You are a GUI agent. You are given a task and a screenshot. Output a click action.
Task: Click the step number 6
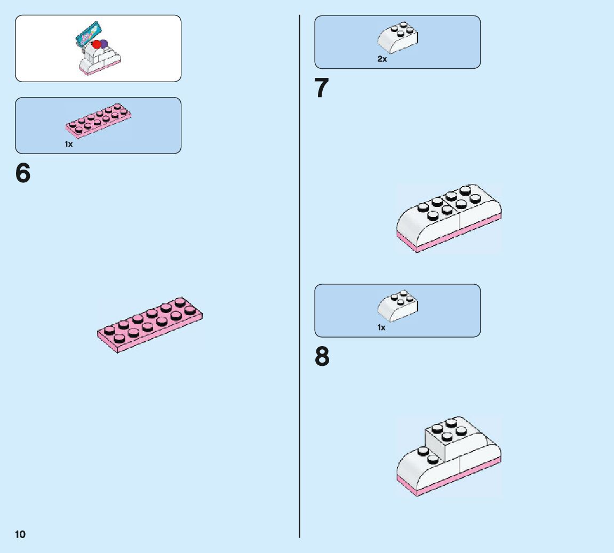(x=23, y=173)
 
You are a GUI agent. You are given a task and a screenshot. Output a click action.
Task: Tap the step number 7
(x=322, y=88)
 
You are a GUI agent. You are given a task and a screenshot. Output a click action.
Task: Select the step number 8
(x=322, y=357)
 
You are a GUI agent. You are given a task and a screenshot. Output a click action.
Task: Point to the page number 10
(x=20, y=534)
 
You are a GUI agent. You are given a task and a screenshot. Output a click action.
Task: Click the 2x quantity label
(x=382, y=59)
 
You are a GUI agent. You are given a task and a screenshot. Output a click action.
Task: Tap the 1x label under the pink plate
(x=69, y=144)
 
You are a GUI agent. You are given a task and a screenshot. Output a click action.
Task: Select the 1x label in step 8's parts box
(x=381, y=327)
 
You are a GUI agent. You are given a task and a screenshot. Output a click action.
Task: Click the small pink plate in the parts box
(x=99, y=119)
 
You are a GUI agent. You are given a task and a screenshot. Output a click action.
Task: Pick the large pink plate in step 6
(x=149, y=325)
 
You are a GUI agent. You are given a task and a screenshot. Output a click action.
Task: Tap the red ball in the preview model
(x=96, y=46)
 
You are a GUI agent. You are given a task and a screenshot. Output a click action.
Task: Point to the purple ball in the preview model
(x=103, y=43)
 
